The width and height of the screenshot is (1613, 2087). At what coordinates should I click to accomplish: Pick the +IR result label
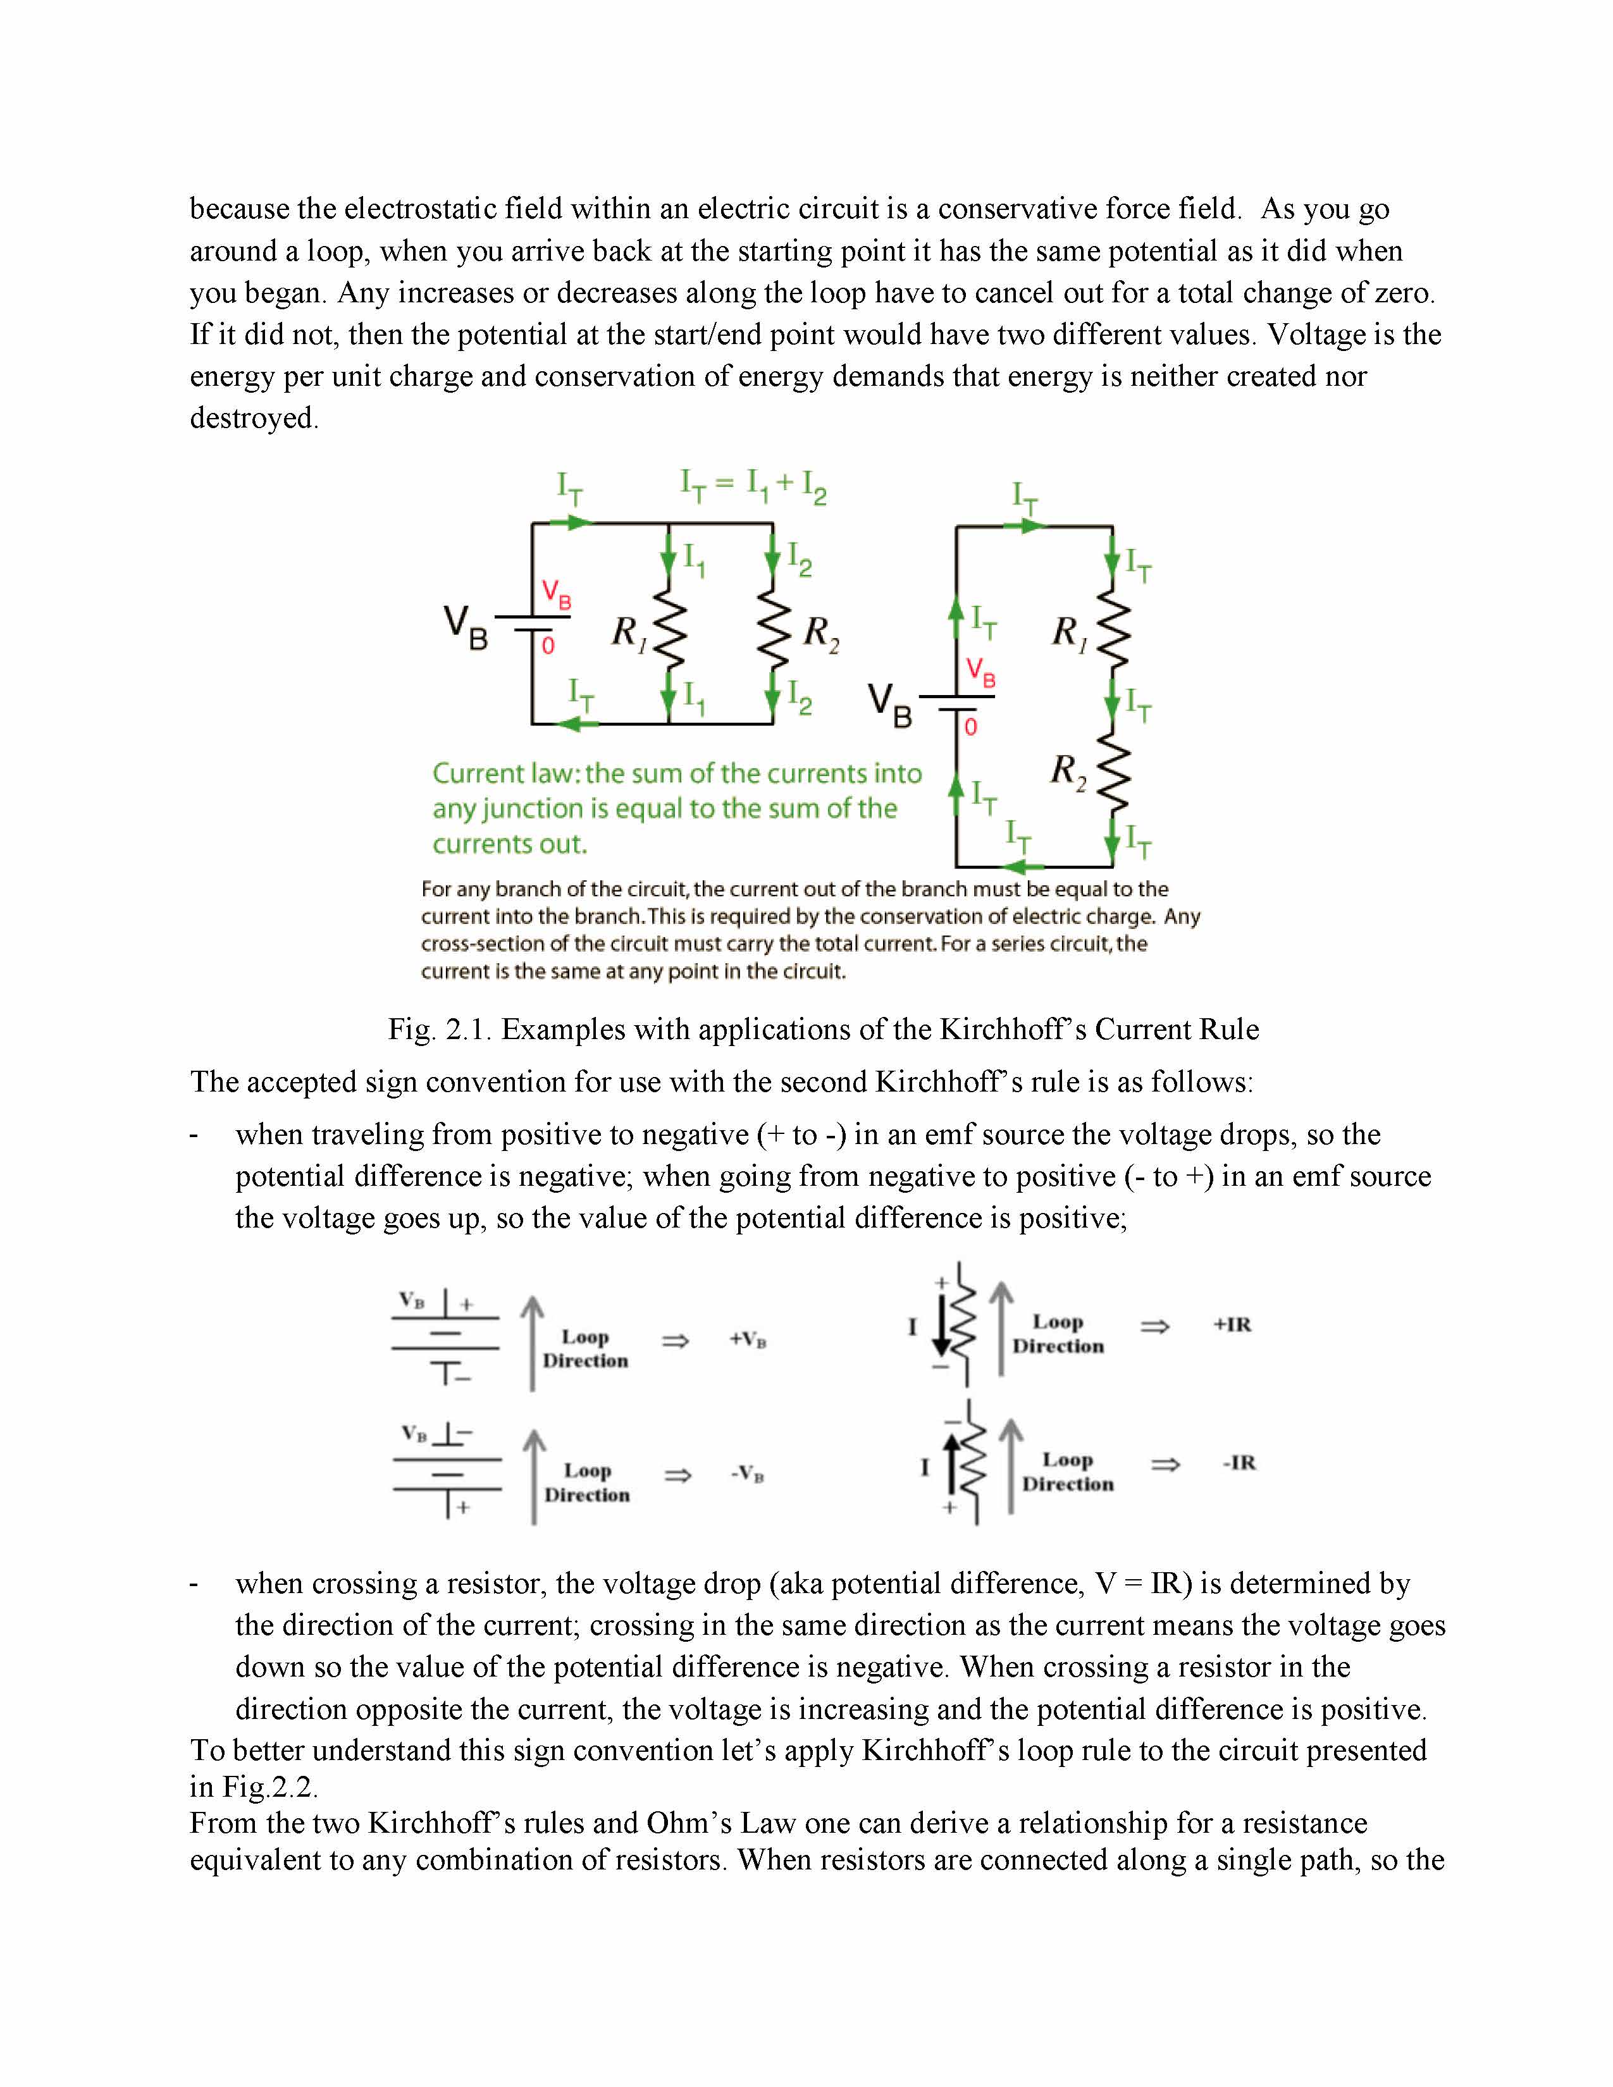[1232, 1324]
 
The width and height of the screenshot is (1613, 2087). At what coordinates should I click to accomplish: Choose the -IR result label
[1239, 1463]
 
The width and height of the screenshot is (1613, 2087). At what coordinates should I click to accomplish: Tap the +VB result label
[747, 1339]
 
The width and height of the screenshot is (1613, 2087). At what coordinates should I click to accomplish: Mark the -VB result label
[747, 1474]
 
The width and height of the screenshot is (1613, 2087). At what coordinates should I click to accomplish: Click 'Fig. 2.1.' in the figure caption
[440, 1029]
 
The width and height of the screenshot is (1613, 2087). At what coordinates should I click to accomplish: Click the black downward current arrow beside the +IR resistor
[941, 1329]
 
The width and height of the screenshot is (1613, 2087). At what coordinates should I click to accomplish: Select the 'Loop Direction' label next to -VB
[587, 1482]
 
